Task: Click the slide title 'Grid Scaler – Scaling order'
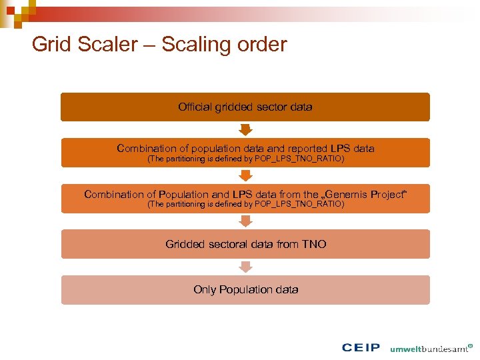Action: [159, 45]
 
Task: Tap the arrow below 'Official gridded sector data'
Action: [245, 129]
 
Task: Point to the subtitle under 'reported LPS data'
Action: [245, 159]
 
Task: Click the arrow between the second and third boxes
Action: [245, 175]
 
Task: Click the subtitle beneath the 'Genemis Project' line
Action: [245, 205]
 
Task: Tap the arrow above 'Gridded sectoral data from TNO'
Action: [245, 221]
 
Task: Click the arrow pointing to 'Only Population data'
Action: [245, 267]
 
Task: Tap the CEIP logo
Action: [361, 347]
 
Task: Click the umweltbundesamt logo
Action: [431, 348]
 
